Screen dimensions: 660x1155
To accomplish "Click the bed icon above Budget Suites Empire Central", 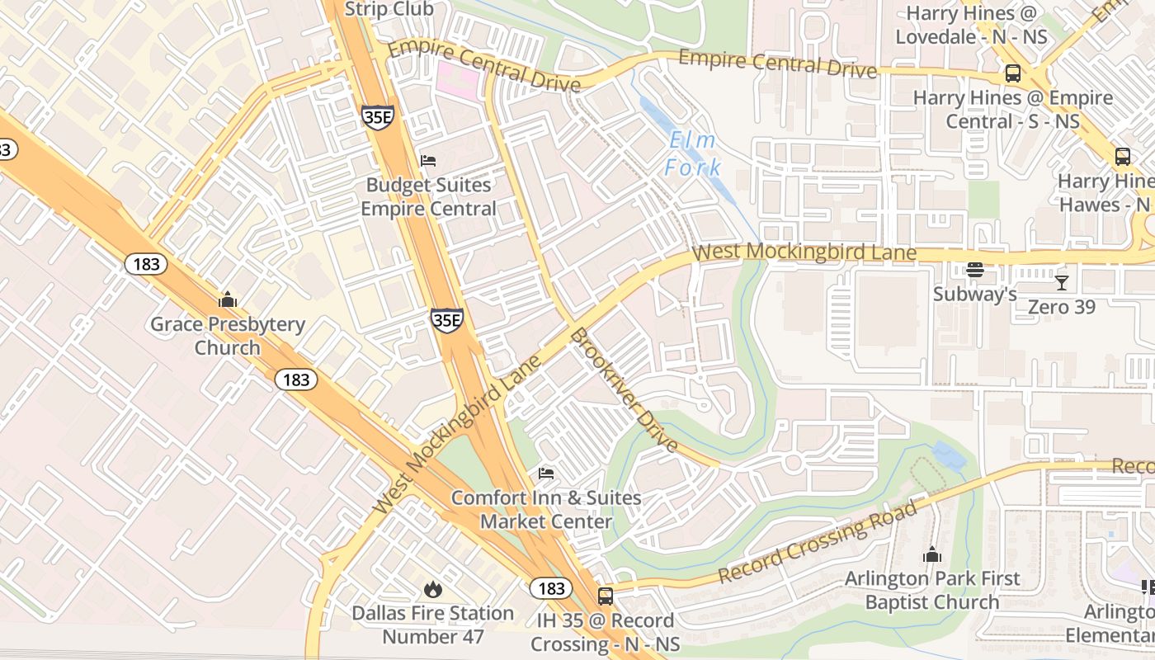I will click(x=427, y=160).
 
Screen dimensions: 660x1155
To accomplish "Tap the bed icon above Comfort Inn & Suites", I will click(x=546, y=474).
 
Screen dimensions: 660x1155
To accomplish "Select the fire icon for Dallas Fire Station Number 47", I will click(x=432, y=589).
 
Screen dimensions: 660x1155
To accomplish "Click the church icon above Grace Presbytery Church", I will click(x=227, y=299).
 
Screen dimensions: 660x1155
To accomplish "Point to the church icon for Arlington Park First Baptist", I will click(x=932, y=554).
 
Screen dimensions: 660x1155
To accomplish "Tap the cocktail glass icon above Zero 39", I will click(x=1061, y=283).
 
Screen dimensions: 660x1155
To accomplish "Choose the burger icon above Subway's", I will click(x=974, y=270).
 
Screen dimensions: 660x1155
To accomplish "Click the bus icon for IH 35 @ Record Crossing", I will click(x=605, y=596).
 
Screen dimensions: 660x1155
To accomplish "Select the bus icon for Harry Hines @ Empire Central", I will click(x=1012, y=73).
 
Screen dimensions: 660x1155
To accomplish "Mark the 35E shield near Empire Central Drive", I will click(x=377, y=116).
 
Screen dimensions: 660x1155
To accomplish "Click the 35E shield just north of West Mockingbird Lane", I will click(x=446, y=320).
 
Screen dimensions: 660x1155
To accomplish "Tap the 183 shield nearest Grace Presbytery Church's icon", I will click(x=146, y=264).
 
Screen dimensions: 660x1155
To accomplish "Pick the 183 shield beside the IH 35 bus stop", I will click(x=549, y=588).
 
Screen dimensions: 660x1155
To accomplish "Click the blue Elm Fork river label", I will click(x=694, y=154).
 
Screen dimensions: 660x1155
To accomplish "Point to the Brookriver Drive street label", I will click(x=625, y=390).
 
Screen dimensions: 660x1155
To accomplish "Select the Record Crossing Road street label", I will click(x=818, y=542).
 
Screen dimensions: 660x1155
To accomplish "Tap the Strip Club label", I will click(x=389, y=9).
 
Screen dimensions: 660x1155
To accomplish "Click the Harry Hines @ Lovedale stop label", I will click(x=971, y=26).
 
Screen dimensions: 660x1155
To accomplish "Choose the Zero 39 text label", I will click(x=1061, y=307).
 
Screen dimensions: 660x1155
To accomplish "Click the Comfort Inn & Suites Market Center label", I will click(x=546, y=510).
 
